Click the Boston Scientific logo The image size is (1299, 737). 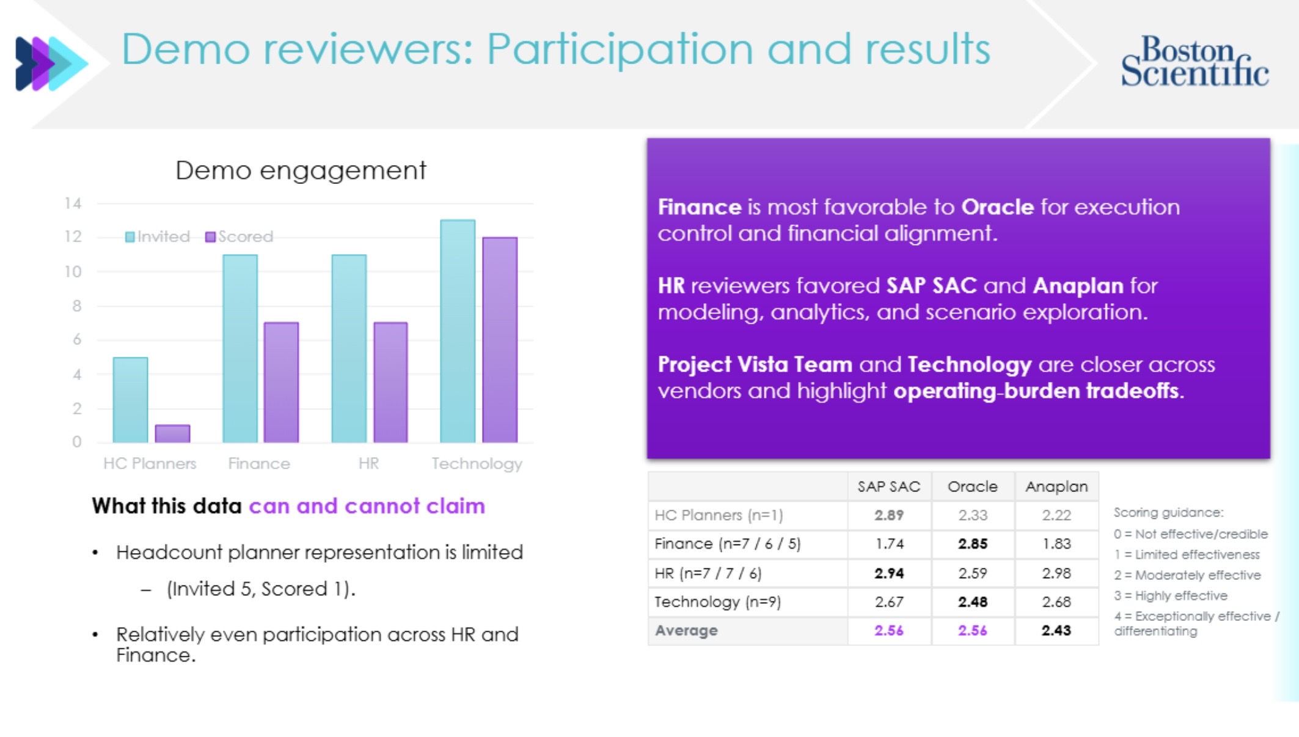[1195, 61]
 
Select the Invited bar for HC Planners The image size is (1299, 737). [130, 400]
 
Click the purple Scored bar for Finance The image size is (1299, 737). [281, 382]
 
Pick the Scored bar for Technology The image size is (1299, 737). [500, 339]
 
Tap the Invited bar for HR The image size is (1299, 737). [349, 348]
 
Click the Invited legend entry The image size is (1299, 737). [158, 237]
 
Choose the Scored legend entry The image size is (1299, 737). [240, 237]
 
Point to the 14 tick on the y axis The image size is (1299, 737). [73, 204]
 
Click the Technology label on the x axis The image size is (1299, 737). [477, 464]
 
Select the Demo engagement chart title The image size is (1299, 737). [301, 170]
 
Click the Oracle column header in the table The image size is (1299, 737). [972, 486]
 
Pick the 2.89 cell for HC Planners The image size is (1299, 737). [888, 515]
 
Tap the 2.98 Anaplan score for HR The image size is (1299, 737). [1056, 573]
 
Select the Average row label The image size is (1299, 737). [686, 631]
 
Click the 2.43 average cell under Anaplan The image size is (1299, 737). [1056, 631]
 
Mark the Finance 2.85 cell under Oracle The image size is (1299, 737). [972, 544]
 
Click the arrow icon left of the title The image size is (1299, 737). [50, 64]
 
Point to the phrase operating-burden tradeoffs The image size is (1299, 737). [1037, 391]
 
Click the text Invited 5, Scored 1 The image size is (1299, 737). [261, 589]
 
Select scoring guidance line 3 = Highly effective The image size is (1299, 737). [1170, 596]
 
